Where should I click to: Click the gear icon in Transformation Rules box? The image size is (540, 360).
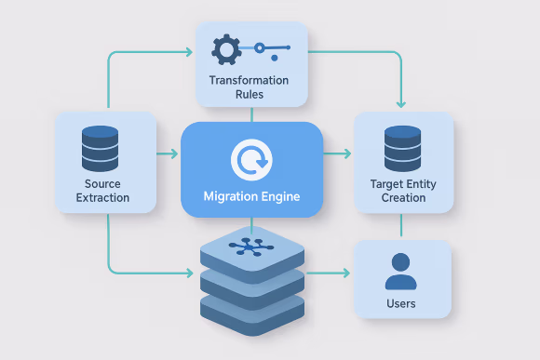(x=226, y=48)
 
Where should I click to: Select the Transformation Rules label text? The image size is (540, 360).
(x=250, y=87)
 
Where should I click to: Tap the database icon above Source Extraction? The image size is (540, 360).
(x=100, y=148)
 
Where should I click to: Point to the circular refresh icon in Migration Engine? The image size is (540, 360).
(x=250, y=161)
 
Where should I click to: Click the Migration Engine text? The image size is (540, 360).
(x=250, y=197)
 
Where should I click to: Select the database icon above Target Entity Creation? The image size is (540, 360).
(x=403, y=148)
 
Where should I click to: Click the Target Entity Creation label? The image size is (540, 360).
(x=403, y=191)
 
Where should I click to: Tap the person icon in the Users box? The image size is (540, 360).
(x=400, y=271)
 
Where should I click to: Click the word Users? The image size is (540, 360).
(x=400, y=303)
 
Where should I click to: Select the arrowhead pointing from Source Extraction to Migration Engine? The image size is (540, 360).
(x=175, y=153)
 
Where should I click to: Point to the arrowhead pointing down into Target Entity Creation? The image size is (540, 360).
(x=402, y=106)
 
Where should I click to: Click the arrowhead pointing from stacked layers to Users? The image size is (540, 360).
(x=345, y=273)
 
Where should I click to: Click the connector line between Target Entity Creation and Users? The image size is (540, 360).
(x=402, y=226)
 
